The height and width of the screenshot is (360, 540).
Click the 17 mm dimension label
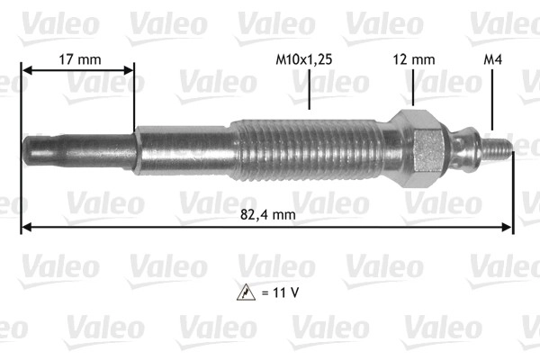click(x=80, y=59)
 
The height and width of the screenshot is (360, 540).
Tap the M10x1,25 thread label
click(x=304, y=59)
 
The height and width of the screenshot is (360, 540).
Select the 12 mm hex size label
click(x=414, y=59)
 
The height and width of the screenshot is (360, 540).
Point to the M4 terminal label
click(x=493, y=59)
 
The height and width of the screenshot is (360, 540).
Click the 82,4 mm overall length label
click(x=268, y=214)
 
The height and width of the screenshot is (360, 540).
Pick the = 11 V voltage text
click(x=280, y=292)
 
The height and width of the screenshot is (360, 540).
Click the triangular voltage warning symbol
click(x=246, y=292)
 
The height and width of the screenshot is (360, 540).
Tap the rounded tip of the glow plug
click(x=28, y=150)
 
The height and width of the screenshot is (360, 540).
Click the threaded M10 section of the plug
click(x=307, y=150)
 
